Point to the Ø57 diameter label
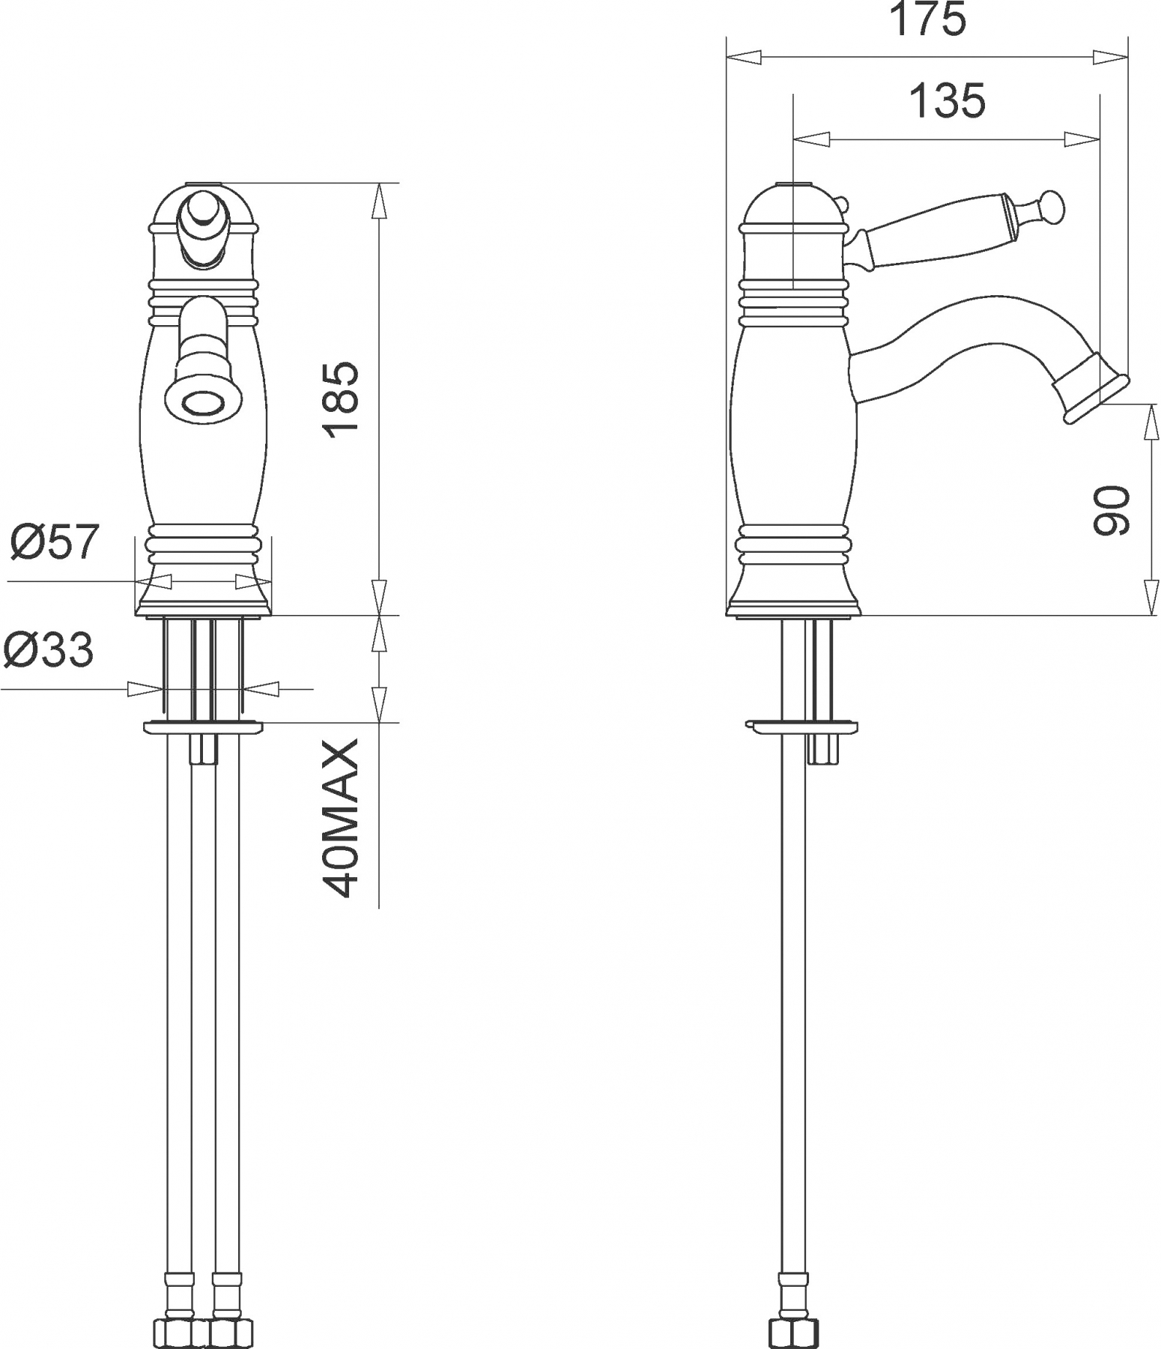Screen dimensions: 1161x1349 (x=54, y=541)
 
